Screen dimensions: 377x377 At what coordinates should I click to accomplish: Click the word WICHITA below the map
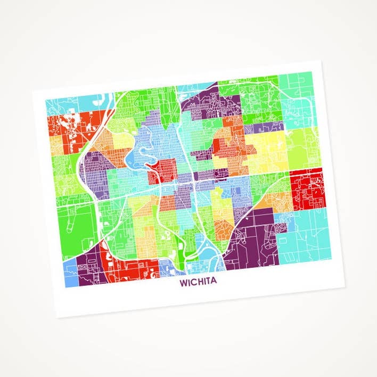(198, 281)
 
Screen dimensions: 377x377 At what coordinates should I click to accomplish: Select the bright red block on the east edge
(308, 188)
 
